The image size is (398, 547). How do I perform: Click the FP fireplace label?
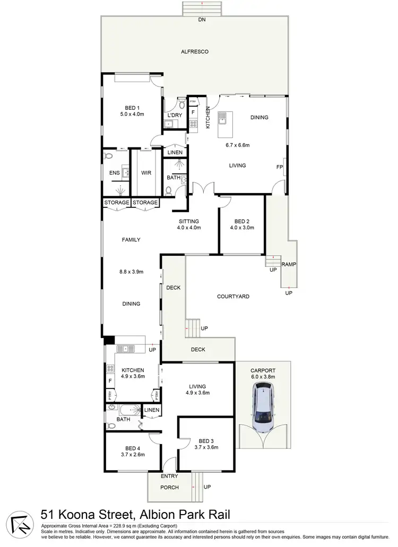point(279,167)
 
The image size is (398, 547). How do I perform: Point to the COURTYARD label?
point(233,297)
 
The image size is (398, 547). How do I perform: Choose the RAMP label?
point(289,264)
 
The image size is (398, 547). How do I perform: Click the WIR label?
point(146,173)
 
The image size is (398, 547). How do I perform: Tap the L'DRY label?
point(175,115)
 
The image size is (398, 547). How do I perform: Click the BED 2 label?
point(241,221)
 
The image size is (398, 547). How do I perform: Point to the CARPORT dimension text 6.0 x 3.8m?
point(263,377)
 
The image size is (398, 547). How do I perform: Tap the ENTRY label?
point(169,476)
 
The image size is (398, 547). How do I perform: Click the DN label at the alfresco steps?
point(202,20)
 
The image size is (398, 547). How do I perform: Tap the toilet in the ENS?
point(109,157)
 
